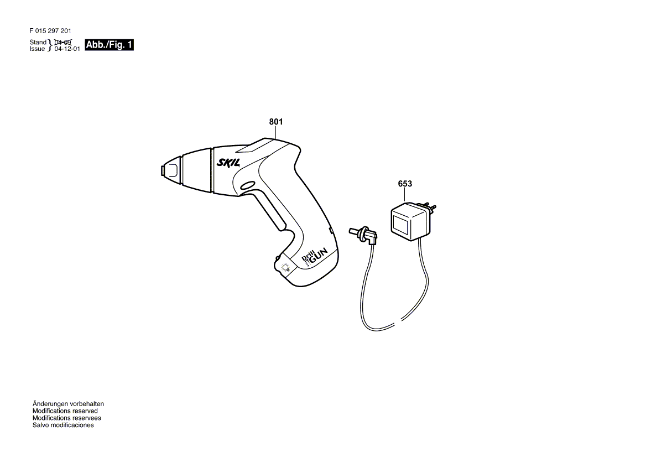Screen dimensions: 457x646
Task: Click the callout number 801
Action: coord(276,122)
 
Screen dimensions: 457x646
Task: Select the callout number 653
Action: coord(404,183)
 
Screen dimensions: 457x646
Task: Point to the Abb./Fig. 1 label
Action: coord(109,45)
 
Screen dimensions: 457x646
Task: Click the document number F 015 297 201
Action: coord(50,32)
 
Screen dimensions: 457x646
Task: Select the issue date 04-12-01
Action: coord(67,49)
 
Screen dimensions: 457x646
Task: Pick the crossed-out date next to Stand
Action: coord(62,42)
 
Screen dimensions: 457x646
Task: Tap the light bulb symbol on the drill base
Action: coord(285,268)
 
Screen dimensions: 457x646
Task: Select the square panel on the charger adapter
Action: coord(400,225)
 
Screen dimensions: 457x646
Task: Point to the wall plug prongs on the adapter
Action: coord(429,209)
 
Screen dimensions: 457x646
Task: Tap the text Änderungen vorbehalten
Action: coord(68,404)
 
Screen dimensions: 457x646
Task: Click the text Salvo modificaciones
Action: coord(63,425)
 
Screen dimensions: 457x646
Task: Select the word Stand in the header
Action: coord(38,42)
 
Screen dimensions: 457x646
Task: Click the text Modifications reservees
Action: coord(66,418)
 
